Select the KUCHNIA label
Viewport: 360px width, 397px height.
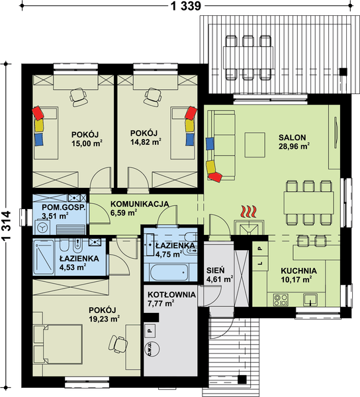pos(298,271)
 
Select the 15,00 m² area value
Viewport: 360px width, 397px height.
pos(86,141)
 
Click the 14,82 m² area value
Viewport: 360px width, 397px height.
pos(146,141)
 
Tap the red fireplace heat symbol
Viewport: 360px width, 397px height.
pos(248,212)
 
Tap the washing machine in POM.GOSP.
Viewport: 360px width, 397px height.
pos(43,226)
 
